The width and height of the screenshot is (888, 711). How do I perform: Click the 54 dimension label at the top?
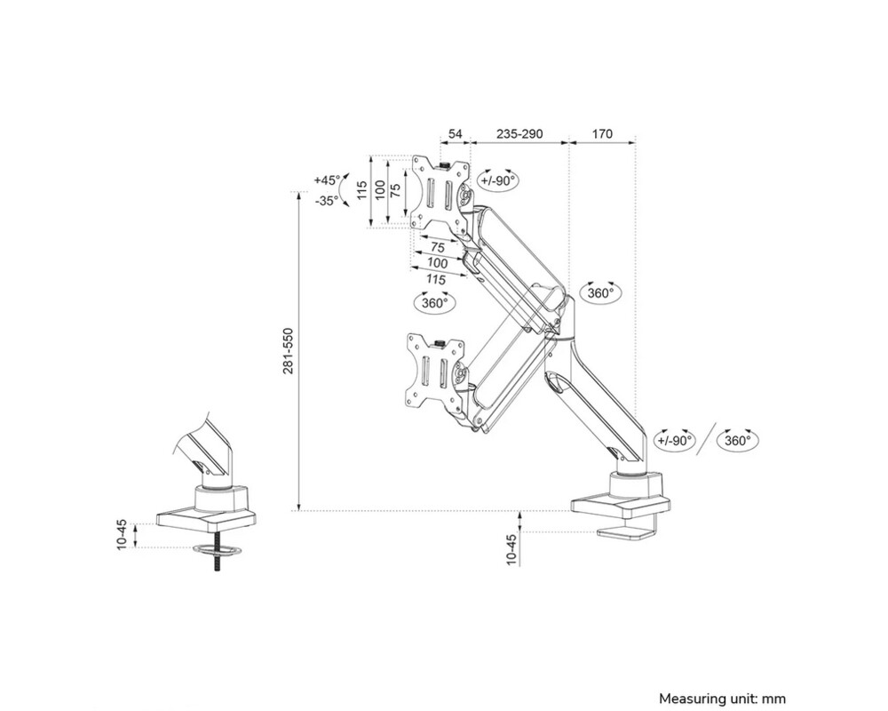[456, 134]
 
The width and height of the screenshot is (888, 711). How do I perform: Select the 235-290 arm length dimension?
[519, 134]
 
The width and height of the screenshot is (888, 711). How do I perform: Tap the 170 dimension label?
[602, 134]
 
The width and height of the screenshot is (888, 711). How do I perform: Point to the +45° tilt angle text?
[326, 180]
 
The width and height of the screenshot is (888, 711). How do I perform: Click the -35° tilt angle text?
[326, 201]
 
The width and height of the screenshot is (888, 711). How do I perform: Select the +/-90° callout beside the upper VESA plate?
[498, 180]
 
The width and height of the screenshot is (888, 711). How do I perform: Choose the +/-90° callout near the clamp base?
[674, 440]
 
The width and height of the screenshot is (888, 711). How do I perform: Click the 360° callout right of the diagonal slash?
[737, 440]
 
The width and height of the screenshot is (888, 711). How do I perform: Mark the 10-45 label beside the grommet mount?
[122, 535]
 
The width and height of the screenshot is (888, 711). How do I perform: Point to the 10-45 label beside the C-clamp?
[511, 549]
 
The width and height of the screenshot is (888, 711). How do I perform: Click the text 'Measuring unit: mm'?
[722, 699]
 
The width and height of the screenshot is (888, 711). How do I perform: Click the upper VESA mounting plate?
[440, 193]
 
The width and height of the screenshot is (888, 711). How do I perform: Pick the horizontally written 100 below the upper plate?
[438, 263]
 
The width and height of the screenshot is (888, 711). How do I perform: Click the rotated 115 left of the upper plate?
[361, 191]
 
